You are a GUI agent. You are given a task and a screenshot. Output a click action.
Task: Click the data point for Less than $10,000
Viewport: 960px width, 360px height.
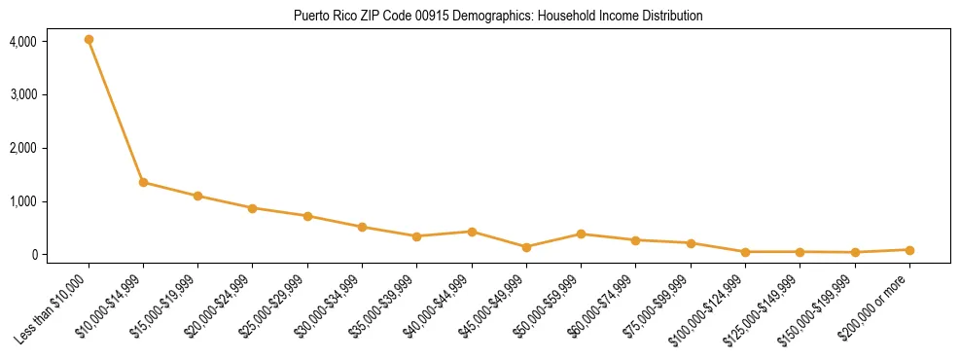click(89, 40)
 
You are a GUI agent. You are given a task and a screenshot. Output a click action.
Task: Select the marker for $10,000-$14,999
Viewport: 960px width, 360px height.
click(143, 182)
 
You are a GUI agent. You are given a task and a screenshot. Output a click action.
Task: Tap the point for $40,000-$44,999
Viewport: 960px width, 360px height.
click(472, 232)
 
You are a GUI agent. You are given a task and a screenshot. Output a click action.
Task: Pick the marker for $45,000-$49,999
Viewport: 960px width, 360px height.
click(526, 247)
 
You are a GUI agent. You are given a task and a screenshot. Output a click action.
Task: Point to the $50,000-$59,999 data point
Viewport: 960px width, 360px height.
click(581, 234)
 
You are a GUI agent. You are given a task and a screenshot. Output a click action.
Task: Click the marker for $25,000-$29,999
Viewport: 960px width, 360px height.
click(307, 216)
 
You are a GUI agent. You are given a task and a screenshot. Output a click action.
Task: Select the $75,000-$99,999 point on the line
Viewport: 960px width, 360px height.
click(691, 243)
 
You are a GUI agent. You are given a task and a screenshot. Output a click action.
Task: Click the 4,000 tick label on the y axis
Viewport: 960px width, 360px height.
click(23, 42)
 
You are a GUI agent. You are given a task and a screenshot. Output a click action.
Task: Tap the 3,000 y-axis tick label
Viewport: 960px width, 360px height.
click(23, 95)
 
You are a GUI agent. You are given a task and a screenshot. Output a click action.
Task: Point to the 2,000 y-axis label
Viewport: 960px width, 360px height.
click(23, 148)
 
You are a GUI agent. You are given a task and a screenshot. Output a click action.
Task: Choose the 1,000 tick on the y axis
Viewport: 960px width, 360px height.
click(23, 201)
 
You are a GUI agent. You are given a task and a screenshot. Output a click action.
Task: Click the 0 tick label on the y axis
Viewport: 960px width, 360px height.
click(33, 255)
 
